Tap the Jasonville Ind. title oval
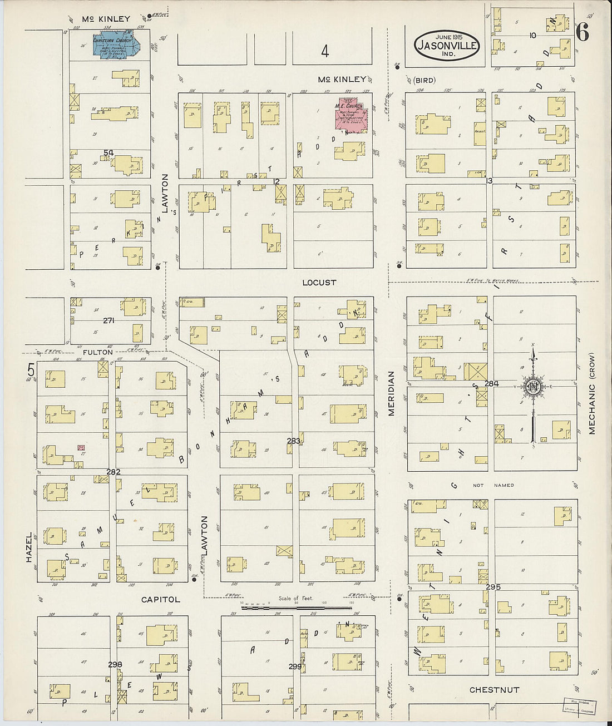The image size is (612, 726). (x=447, y=45)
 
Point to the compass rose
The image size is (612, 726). (x=532, y=387)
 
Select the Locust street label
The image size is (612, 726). (x=319, y=283)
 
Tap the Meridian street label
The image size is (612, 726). (x=391, y=393)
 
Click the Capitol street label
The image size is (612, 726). (x=160, y=600)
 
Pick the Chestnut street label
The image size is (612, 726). (x=494, y=690)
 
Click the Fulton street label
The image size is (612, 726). (x=98, y=352)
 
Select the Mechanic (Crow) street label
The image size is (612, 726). (x=591, y=393)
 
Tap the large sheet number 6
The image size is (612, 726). (x=582, y=33)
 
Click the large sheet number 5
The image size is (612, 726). (x=31, y=369)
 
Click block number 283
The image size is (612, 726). (x=293, y=441)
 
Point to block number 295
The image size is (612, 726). (x=493, y=587)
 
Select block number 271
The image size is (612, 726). (x=109, y=320)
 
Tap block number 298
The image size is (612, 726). (x=115, y=665)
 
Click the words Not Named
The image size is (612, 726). (x=493, y=485)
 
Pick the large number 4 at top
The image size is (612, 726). (x=325, y=52)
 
